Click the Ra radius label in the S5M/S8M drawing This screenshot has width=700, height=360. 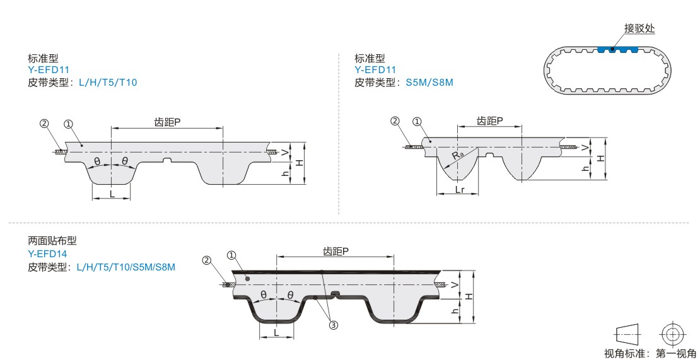[x=458, y=154]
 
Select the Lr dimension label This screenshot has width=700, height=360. [x=460, y=189]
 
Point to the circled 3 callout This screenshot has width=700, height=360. [x=334, y=325]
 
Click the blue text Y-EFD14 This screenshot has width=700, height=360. [x=49, y=253]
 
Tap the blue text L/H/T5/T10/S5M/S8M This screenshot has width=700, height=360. [x=125, y=267]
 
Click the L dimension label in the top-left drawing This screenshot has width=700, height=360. [x=112, y=194]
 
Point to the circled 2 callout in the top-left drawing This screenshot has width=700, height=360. [x=44, y=124]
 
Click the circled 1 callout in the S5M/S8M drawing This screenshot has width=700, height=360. [x=417, y=122]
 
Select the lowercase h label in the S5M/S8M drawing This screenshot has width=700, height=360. [x=585, y=168]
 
